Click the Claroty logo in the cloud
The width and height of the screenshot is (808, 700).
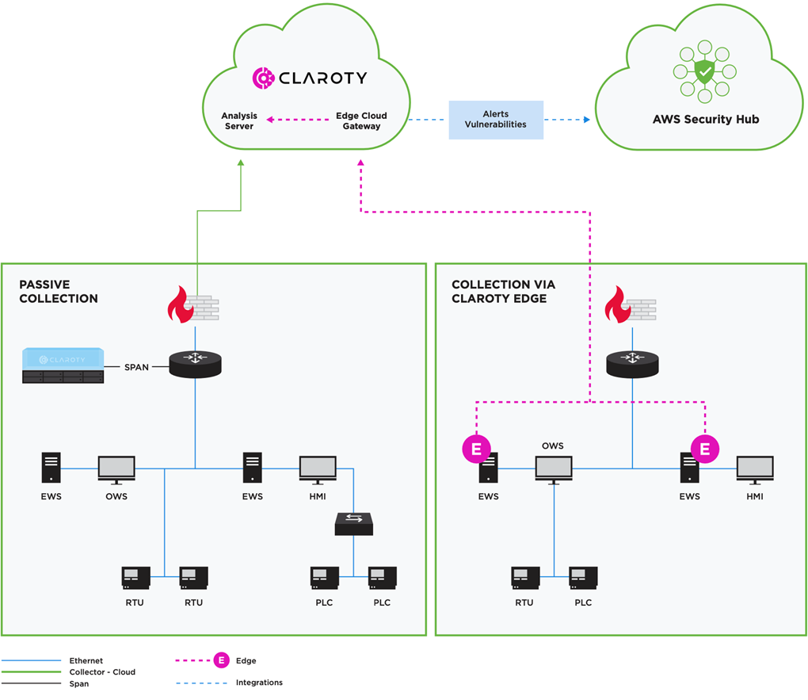pyautogui.click(x=309, y=77)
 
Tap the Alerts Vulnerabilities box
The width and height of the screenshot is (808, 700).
pyautogui.click(x=496, y=120)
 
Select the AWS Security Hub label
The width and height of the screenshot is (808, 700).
pyautogui.click(x=705, y=120)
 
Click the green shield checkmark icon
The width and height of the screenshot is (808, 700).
pyautogui.click(x=704, y=73)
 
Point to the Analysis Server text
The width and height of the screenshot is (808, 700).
pyautogui.click(x=238, y=120)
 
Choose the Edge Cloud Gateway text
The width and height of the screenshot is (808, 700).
pyautogui.click(x=361, y=120)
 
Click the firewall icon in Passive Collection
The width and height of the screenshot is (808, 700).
pyautogui.click(x=192, y=308)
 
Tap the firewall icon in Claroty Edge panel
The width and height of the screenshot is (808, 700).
pyautogui.click(x=630, y=308)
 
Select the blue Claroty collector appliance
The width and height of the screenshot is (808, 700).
pyautogui.click(x=63, y=365)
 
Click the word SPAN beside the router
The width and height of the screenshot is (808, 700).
pyautogui.click(x=136, y=367)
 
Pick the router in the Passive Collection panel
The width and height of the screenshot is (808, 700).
pyautogui.click(x=196, y=364)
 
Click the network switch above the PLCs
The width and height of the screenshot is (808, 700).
pyautogui.click(x=353, y=522)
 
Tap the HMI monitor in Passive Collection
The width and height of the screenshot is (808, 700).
pyautogui.click(x=318, y=469)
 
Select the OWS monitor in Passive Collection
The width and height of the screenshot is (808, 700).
pyautogui.click(x=116, y=469)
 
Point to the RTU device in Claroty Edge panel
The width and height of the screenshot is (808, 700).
pyautogui.click(x=525, y=578)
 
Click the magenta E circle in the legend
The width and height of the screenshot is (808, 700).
pyautogui.click(x=223, y=660)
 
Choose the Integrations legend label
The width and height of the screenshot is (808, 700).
pyautogui.click(x=259, y=682)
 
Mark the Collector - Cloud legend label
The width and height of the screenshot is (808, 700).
pyautogui.click(x=102, y=671)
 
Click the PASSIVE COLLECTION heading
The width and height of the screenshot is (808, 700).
pyautogui.click(x=59, y=291)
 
